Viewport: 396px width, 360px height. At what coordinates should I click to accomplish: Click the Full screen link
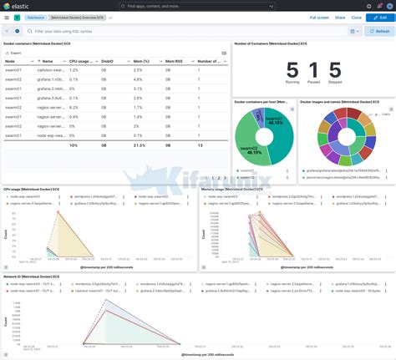click(319, 17)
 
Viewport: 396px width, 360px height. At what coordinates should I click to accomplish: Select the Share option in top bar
click(339, 17)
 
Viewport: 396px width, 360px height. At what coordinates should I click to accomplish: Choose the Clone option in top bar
click(356, 17)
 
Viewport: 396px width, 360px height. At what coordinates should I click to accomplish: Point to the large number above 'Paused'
click(313, 72)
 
